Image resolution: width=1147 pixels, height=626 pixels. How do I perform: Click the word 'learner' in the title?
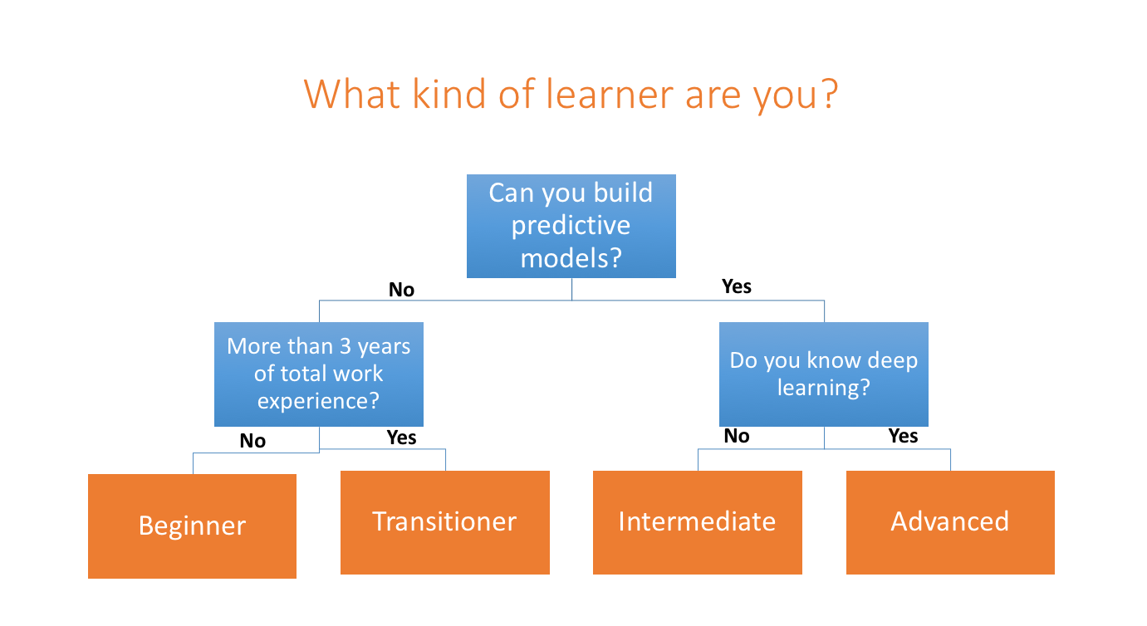pos(609,94)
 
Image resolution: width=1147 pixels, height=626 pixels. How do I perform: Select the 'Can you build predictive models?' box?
pos(571,227)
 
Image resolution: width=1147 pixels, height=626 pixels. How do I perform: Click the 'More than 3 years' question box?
pos(318,374)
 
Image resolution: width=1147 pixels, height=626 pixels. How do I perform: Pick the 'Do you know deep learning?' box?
pos(823,374)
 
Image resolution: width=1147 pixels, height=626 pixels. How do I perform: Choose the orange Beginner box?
pos(192,526)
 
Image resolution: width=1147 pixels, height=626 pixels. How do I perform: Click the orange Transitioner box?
pos(445,522)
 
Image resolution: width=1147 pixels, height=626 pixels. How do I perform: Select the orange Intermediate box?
pos(698,522)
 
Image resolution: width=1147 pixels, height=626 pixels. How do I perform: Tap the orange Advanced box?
pos(950,522)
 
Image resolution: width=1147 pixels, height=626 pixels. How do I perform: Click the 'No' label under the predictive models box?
pos(401,290)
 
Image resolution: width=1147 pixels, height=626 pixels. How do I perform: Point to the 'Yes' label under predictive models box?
pos(737,286)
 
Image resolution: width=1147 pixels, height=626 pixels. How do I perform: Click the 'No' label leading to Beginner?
pos(252,441)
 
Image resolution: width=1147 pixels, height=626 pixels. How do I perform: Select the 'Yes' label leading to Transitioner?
pos(401,438)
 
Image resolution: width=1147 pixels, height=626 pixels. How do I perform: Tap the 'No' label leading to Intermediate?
pos(737,436)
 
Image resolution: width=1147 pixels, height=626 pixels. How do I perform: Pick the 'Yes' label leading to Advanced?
pos(904,436)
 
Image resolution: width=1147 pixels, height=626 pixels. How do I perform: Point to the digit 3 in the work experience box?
pos(346,346)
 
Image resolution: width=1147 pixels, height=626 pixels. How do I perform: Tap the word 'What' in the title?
pos(351,94)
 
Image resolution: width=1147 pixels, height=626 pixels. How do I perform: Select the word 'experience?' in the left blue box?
pos(318,401)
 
